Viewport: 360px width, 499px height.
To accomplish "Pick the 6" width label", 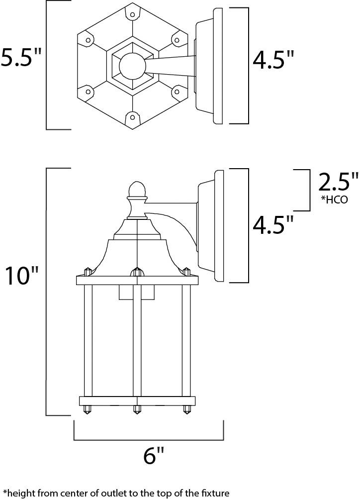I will pyautogui.click(x=153, y=456).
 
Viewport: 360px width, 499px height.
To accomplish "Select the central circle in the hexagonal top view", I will pyautogui.click(x=132, y=65).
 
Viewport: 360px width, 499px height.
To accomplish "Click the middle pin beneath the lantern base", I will pyautogui.click(x=136, y=411).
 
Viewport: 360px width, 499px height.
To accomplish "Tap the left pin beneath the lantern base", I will pyautogui.click(x=88, y=411).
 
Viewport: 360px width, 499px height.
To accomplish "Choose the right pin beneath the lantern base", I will pyautogui.click(x=187, y=411).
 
